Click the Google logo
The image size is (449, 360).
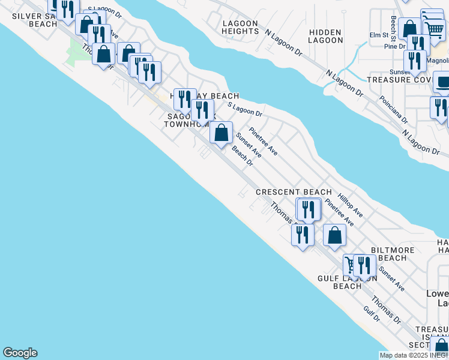pos(20,353)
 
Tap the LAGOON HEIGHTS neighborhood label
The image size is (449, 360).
pos(240,27)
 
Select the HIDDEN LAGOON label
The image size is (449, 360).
pos(325,36)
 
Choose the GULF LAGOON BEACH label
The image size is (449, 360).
pos(348,282)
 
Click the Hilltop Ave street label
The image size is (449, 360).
pos(350,205)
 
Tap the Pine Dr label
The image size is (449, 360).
pos(395,46)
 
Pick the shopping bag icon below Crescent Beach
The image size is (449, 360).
pos(335,235)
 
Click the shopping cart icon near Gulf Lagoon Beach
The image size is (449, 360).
pos(351,264)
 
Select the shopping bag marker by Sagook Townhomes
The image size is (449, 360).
pos(221,132)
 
